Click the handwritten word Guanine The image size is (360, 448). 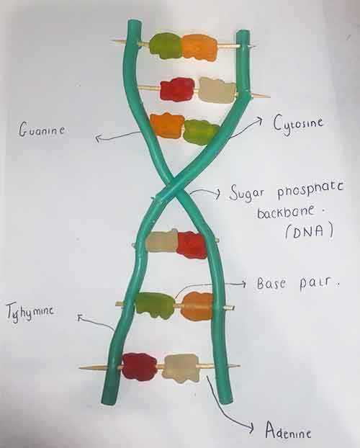coord(42,129)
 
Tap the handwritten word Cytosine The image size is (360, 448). coord(298,124)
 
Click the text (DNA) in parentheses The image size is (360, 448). coord(309,230)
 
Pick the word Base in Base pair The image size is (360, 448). coord(271,284)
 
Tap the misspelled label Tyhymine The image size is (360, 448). coord(30,312)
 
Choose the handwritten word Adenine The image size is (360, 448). coord(288,430)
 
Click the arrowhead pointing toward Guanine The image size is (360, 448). coord(98,138)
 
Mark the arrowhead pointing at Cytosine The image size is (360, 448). coord(258,120)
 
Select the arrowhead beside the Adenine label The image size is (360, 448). coord(251,427)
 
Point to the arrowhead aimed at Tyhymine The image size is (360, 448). coord(81,317)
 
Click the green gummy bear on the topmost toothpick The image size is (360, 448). coord(166,45)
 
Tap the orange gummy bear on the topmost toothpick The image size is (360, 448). coord(199,48)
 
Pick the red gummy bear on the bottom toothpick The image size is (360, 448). coord(140,367)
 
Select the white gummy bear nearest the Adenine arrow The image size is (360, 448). coord(181,368)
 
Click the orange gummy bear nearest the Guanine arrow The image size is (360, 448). coord(167,126)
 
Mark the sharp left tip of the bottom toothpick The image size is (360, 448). coord(80,367)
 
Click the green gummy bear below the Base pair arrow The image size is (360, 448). coord(155,305)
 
